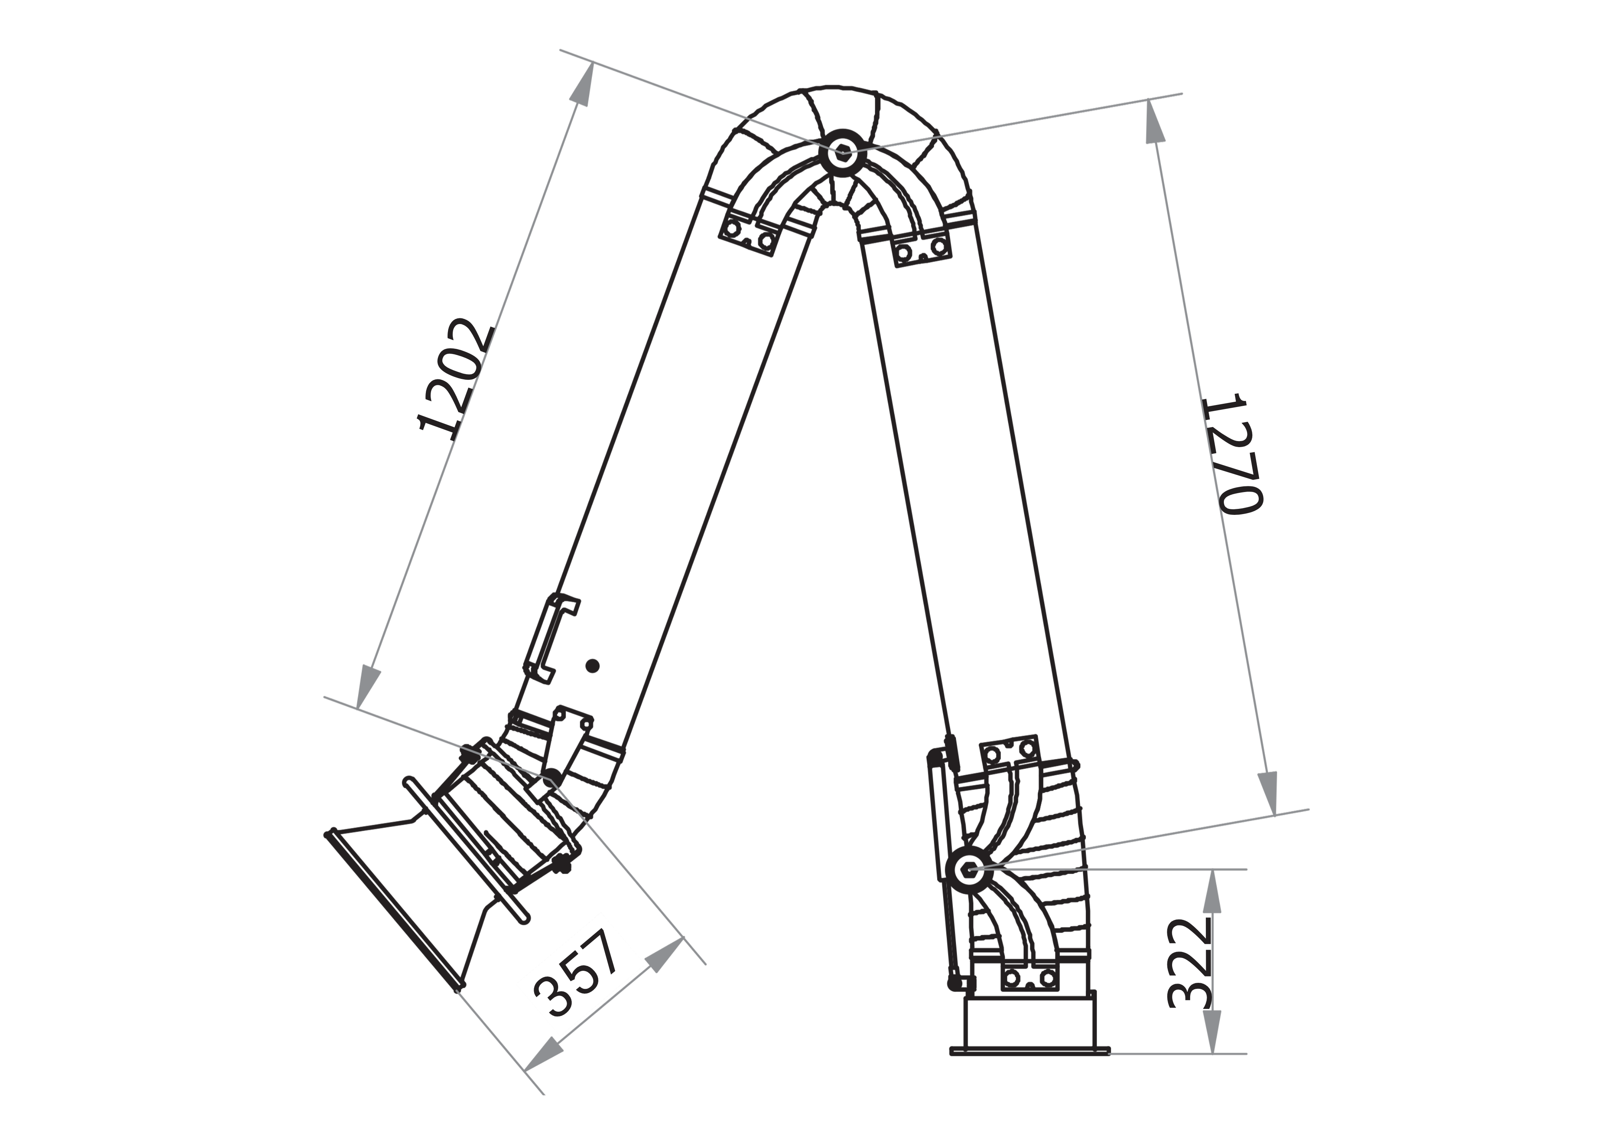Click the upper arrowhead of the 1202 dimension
(x=585, y=85)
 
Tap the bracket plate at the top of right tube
(x=922, y=249)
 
